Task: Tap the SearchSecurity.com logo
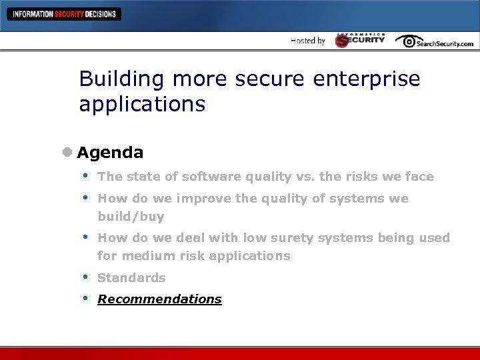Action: (x=434, y=41)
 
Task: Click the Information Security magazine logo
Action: (x=360, y=40)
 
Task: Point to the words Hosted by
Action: (x=308, y=41)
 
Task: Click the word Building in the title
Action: (x=121, y=79)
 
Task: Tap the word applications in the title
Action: (x=142, y=104)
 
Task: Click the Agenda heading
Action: (x=110, y=153)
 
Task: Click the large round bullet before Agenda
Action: (x=67, y=153)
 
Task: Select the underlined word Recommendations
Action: (x=159, y=299)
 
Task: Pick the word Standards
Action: (x=131, y=277)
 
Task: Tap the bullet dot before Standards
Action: (x=85, y=276)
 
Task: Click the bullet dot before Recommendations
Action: (x=85, y=297)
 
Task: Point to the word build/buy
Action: (x=131, y=217)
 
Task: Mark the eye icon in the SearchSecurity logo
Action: (x=406, y=41)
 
